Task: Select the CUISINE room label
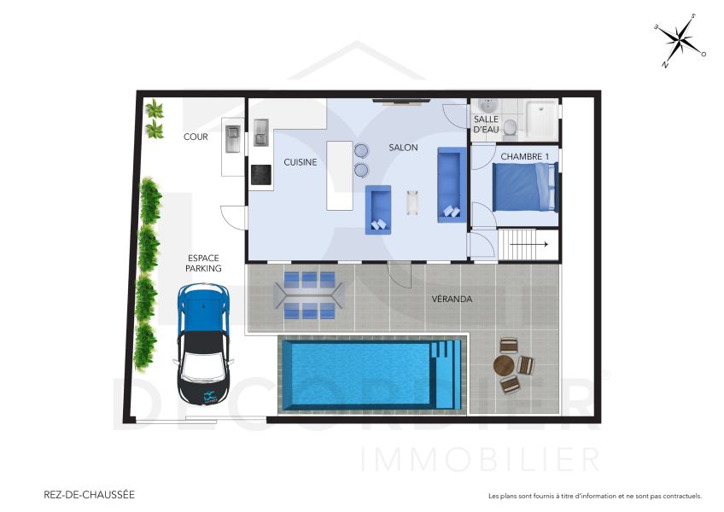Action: click(301, 162)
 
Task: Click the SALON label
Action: click(403, 148)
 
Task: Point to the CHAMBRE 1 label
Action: click(524, 156)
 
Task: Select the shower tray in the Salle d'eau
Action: click(541, 119)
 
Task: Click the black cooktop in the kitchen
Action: click(260, 175)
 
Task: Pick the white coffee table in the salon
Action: click(414, 202)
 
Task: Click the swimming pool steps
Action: click(445, 374)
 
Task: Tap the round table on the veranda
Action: click(505, 366)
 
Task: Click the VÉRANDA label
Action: click(452, 299)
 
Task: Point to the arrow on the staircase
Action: click(529, 245)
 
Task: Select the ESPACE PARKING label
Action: click(204, 263)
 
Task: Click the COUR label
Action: click(196, 137)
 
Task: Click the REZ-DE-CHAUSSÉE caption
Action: click(89, 494)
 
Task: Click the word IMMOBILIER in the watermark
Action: click(482, 460)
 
